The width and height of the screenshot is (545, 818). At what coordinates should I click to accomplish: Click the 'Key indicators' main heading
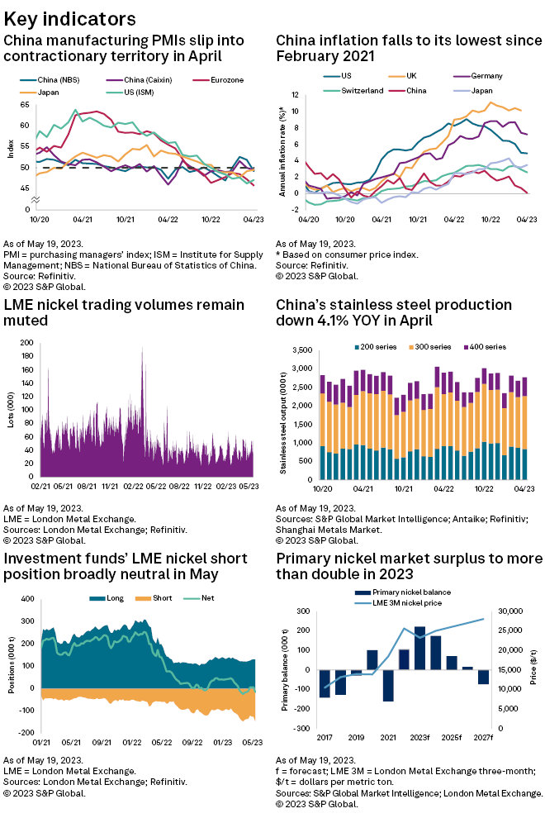coord(70,18)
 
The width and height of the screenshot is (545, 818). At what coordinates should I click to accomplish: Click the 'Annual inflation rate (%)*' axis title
coord(282,151)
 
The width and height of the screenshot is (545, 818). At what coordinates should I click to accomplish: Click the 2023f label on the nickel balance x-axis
coord(419,736)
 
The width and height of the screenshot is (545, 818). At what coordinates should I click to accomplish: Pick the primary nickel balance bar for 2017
coord(325,683)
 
